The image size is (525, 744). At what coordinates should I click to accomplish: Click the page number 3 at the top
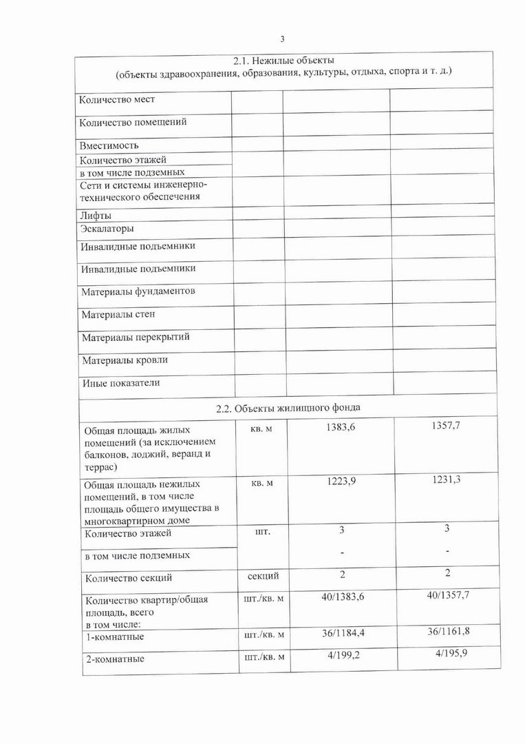(282, 39)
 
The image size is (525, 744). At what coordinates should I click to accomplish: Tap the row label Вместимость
(109, 145)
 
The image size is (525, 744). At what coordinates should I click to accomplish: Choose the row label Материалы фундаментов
(138, 291)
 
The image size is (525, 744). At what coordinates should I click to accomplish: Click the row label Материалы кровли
(125, 360)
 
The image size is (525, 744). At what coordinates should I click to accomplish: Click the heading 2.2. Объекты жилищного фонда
(288, 408)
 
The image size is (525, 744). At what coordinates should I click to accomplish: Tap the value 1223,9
(342, 481)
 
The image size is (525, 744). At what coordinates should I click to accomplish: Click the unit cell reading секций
(264, 576)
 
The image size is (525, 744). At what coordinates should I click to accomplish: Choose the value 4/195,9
(451, 654)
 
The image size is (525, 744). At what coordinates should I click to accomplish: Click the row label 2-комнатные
(114, 659)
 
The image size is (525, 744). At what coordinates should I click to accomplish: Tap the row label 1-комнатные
(114, 638)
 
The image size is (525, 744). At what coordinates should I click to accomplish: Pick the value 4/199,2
(342, 654)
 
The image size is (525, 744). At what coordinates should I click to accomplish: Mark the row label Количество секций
(128, 578)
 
